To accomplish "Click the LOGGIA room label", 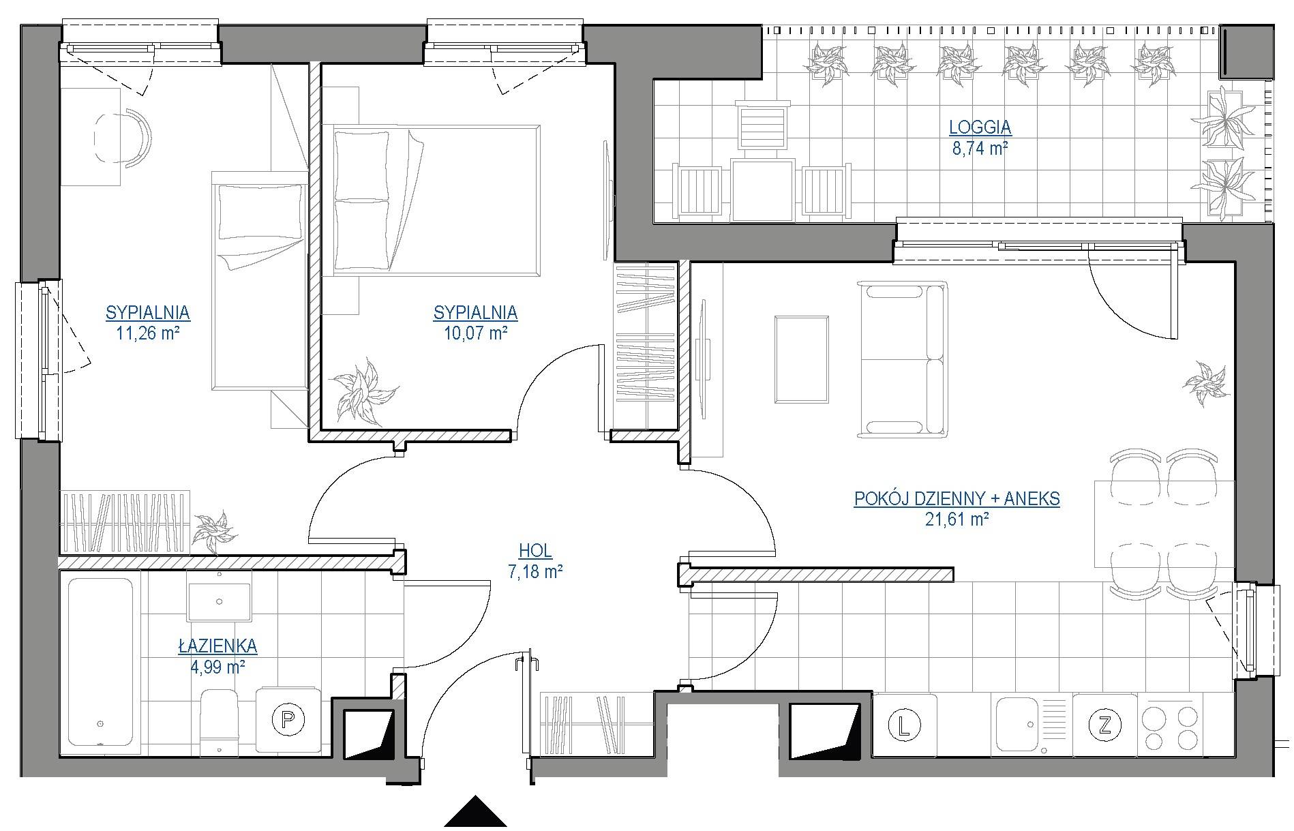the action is point(980,127).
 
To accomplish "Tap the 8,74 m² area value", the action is point(980,149).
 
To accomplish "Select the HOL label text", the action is point(535,551).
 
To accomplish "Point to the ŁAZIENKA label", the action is point(218,645).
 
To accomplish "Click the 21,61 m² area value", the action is point(957,519).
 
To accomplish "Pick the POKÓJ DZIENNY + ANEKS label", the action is point(957,499).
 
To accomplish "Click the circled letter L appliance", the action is point(905,724).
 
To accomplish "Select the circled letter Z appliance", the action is point(1104,724).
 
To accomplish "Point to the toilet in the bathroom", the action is point(220,721).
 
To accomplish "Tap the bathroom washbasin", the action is point(220,596).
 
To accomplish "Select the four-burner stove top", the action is point(1170,725).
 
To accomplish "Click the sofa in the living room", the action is point(903,359).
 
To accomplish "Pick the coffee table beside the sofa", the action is point(802,359).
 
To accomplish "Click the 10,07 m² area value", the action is point(475,333).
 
